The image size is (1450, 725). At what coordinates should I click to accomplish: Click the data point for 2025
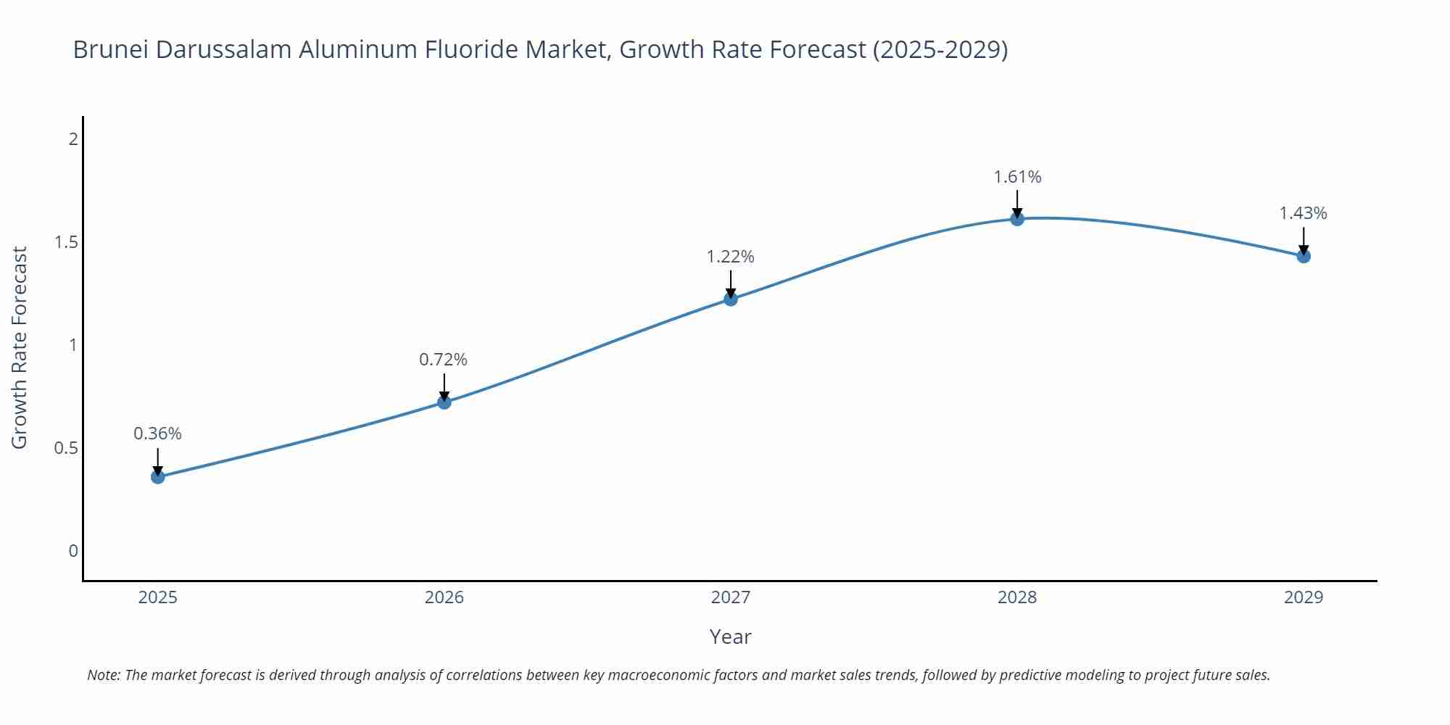(x=157, y=476)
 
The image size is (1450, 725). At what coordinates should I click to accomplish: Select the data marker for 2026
(x=444, y=402)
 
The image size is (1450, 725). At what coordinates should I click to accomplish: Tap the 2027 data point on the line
(x=730, y=299)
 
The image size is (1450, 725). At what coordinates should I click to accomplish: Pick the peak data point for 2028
(x=1016, y=218)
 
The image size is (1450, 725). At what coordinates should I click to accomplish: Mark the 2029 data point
(x=1303, y=256)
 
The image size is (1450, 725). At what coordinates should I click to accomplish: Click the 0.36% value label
(x=157, y=434)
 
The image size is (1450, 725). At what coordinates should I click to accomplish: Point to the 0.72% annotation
(x=443, y=360)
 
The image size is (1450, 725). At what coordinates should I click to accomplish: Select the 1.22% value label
(x=730, y=257)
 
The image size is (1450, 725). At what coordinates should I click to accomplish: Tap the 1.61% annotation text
(x=1016, y=177)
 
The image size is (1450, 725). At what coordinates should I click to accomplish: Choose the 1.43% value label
(x=1303, y=213)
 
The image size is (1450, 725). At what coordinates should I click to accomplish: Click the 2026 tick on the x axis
(x=444, y=597)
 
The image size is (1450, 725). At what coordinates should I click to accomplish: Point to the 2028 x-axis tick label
(x=1016, y=597)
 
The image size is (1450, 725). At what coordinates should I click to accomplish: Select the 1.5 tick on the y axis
(x=66, y=242)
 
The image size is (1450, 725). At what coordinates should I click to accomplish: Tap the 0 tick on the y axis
(x=72, y=551)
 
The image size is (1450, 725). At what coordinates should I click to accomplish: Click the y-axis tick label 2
(x=72, y=138)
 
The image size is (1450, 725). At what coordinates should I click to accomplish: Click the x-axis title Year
(x=730, y=637)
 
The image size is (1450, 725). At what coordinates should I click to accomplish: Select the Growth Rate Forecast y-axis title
(x=20, y=347)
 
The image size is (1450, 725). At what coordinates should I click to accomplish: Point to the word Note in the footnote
(x=103, y=675)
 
